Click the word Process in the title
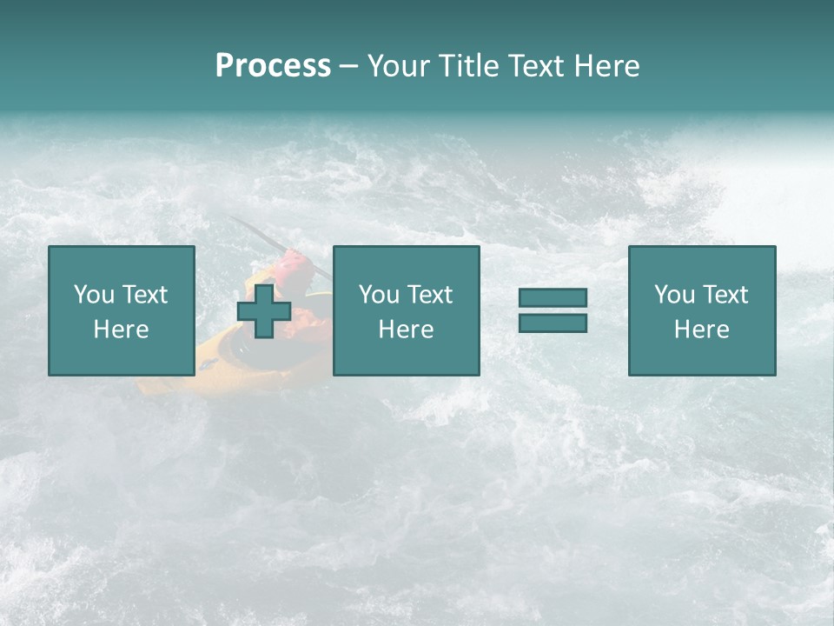click(x=273, y=66)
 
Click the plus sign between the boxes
click(x=264, y=310)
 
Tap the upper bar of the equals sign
click(x=553, y=297)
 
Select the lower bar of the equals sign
click(x=553, y=323)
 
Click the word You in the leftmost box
click(x=94, y=295)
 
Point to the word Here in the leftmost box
click(x=121, y=330)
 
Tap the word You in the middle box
click(x=379, y=295)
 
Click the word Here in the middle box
click(x=406, y=330)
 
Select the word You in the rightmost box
click(x=674, y=295)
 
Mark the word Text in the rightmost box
click(x=725, y=295)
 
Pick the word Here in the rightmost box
click(x=701, y=330)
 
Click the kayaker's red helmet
click(x=294, y=261)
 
